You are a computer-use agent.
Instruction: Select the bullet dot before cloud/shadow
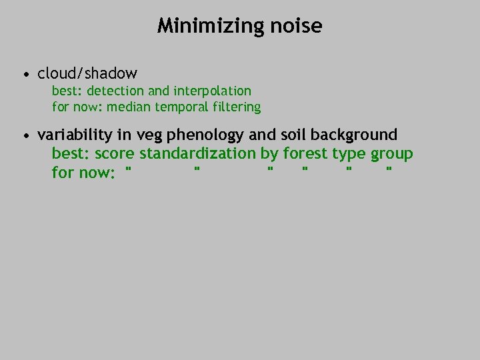pyautogui.click(x=25, y=73)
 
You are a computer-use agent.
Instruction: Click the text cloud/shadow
pyautogui.click(x=87, y=73)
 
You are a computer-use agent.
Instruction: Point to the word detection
pyautogui.click(x=115, y=91)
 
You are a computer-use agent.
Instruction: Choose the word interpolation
pyautogui.click(x=212, y=91)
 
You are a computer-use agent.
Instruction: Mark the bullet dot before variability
pyautogui.click(x=25, y=135)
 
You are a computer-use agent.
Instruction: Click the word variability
pyautogui.click(x=75, y=135)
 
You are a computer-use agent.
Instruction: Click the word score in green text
pyautogui.click(x=115, y=154)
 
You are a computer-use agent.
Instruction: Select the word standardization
pyautogui.click(x=197, y=154)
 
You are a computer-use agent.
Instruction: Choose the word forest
pyautogui.click(x=305, y=154)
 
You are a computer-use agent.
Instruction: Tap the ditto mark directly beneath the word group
pyautogui.click(x=389, y=170)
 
